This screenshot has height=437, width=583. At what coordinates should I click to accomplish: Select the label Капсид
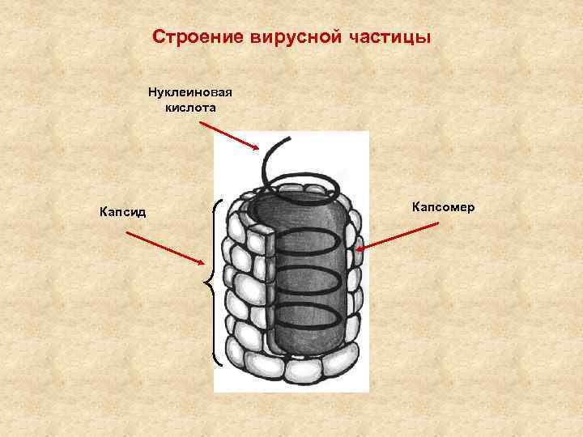point(122,212)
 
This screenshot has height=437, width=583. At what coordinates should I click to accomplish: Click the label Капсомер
point(443,208)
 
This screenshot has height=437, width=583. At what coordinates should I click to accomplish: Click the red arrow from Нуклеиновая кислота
point(228,135)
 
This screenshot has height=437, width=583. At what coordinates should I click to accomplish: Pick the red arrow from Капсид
point(165,248)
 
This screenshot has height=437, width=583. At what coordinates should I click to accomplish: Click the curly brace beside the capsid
point(212,283)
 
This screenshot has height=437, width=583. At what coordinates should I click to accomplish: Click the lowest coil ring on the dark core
point(312,318)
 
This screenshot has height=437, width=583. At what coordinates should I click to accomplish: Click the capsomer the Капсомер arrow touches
point(353,252)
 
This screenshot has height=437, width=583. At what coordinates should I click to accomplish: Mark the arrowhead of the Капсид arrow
point(202,262)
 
